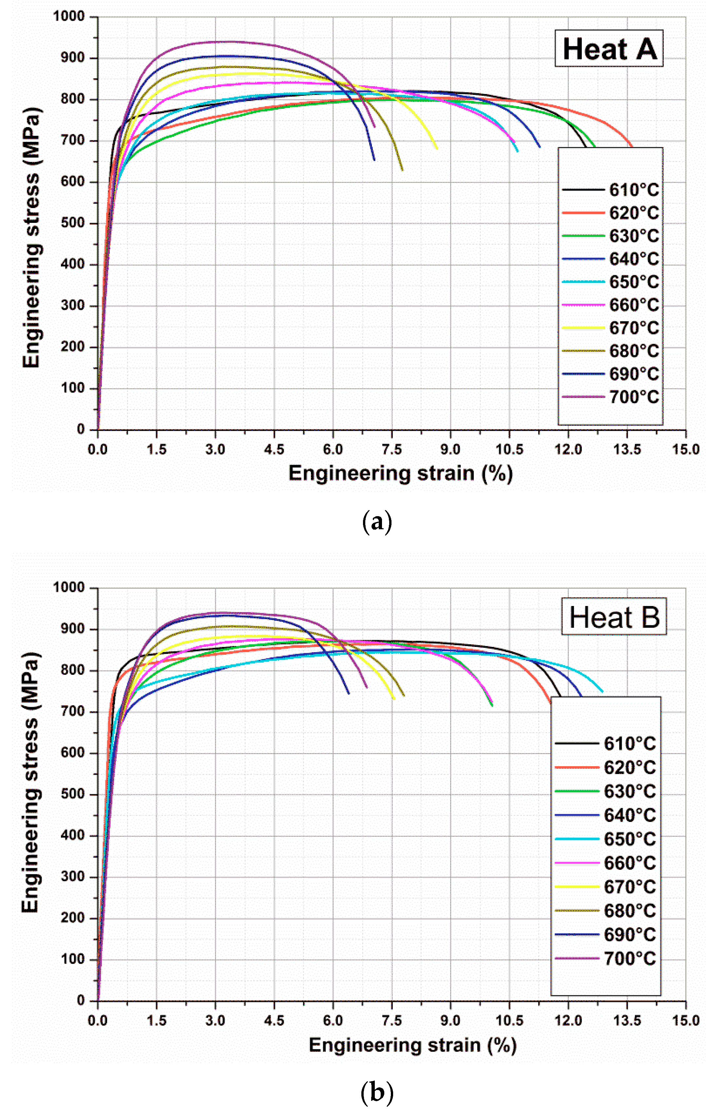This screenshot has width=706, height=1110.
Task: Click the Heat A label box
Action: [608, 49]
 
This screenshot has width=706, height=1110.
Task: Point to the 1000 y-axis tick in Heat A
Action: [69, 17]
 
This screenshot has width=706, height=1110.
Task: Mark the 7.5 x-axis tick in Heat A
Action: [392, 449]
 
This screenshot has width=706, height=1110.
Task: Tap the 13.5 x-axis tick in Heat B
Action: [627, 1020]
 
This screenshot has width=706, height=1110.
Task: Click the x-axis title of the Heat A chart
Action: [400, 474]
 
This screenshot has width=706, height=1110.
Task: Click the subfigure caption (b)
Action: [377, 1092]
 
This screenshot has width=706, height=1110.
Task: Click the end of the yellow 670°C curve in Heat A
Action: [436, 148]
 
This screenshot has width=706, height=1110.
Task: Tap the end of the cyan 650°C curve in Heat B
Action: [602, 691]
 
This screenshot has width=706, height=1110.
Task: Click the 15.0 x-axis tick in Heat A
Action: [685, 449]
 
